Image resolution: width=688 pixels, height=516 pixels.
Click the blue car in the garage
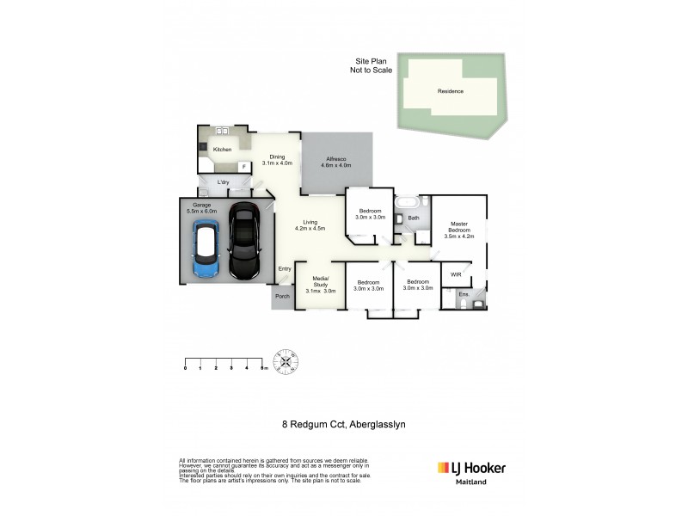(205, 249)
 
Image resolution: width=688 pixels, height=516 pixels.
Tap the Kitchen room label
(223, 150)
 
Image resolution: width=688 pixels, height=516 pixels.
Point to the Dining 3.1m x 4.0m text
(277, 159)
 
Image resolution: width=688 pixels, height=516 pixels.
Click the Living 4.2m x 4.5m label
(310, 225)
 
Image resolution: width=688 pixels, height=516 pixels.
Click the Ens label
(462, 295)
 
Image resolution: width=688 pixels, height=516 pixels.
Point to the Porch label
(281, 297)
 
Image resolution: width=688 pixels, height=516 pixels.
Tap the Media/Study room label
(320, 285)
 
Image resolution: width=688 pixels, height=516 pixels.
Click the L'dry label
(223, 181)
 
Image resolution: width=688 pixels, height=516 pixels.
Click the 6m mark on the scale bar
(264, 368)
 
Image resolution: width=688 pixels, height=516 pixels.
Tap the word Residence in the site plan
(451, 91)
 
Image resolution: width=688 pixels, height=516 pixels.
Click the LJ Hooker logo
(472, 468)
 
